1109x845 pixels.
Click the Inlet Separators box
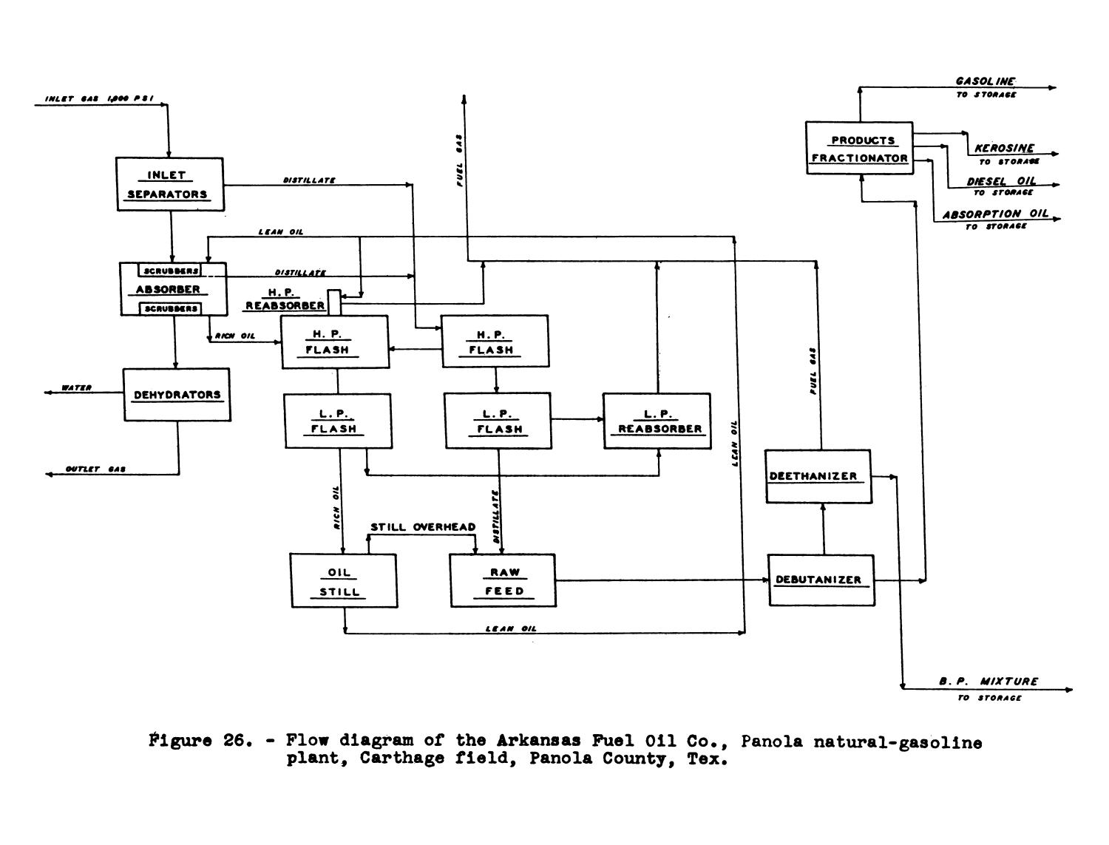(x=170, y=184)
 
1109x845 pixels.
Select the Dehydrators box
(x=177, y=395)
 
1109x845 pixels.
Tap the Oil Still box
(x=343, y=581)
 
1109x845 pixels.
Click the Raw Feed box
(x=503, y=581)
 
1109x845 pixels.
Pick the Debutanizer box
(x=821, y=580)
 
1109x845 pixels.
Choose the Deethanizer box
(x=818, y=476)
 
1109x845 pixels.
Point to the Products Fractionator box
(x=859, y=149)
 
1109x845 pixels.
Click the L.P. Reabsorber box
(x=657, y=421)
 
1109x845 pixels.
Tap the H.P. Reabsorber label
(x=285, y=299)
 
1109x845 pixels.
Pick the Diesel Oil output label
(x=1001, y=181)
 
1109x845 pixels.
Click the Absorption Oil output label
(x=995, y=214)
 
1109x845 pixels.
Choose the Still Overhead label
(x=423, y=527)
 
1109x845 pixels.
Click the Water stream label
(x=76, y=387)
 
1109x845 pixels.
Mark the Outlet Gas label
(x=95, y=469)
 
